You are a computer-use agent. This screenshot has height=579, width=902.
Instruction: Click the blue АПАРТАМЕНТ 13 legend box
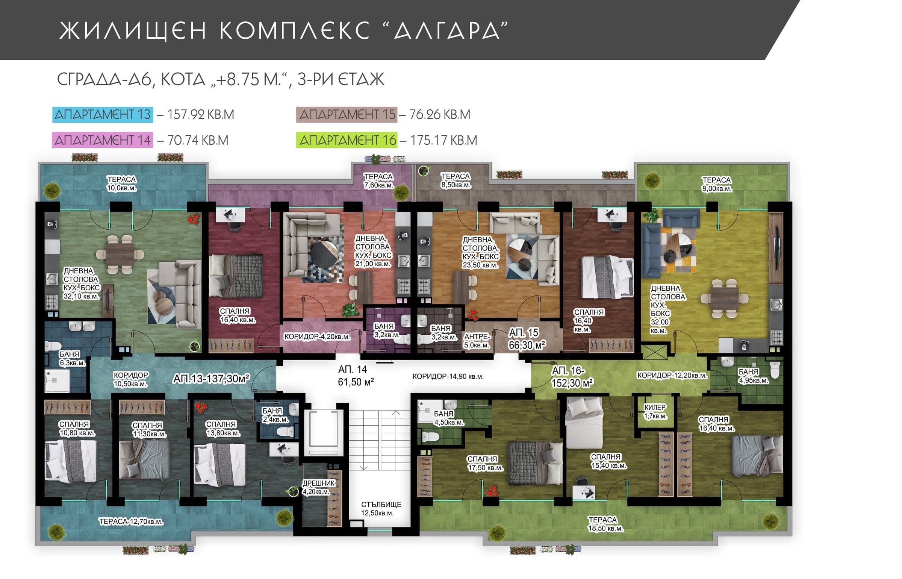point(103,115)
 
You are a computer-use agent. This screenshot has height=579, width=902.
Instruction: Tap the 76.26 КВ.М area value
point(440,115)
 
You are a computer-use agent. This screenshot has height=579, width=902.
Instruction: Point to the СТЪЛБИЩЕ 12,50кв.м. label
point(381,508)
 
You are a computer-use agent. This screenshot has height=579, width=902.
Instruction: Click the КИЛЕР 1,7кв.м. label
point(655,412)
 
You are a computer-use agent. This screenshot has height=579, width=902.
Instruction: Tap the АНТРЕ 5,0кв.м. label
point(477,341)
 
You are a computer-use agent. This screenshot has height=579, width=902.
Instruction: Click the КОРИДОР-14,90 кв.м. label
point(448,376)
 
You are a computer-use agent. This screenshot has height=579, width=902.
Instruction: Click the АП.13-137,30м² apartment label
point(211,379)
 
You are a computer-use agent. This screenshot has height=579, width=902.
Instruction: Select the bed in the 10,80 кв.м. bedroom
point(71,460)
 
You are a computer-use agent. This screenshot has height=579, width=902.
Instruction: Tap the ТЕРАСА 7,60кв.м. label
point(378,181)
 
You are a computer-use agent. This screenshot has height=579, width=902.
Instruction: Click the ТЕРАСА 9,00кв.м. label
point(716,184)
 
